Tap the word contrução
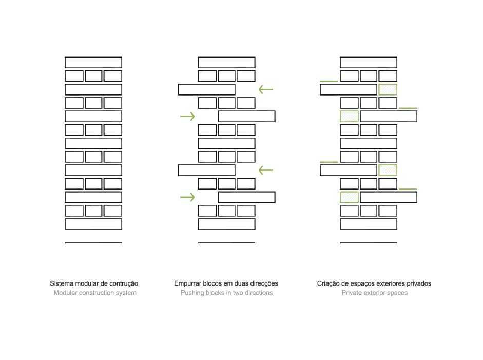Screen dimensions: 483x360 [x=124, y=284]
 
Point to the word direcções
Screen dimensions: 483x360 [x=263, y=284]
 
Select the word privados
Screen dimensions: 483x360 [x=419, y=283]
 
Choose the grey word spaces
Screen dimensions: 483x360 [x=398, y=293]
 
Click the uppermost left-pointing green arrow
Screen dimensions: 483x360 [x=266, y=90]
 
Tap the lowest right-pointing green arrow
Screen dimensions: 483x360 [x=187, y=197]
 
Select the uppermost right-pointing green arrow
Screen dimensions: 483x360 [x=187, y=116]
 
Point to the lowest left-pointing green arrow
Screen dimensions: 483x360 [x=266, y=170]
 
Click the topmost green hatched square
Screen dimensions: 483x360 [x=388, y=90]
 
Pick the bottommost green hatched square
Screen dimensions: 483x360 [x=350, y=197]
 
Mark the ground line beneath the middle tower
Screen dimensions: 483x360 [x=226, y=243]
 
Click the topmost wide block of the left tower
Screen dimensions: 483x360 [x=93, y=63]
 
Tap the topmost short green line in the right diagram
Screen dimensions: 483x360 [x=329, y=81]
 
